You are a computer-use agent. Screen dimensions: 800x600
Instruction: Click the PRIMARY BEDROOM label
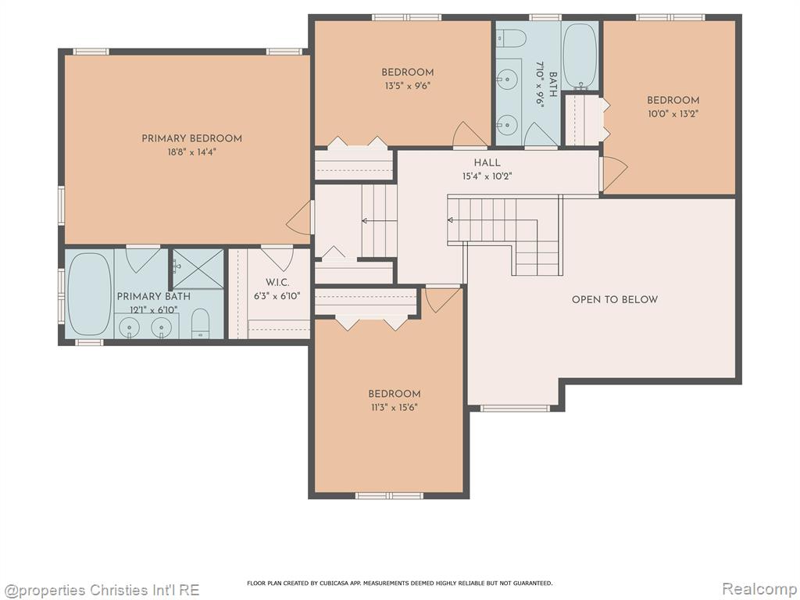pyautogui.click(x=191, y=138)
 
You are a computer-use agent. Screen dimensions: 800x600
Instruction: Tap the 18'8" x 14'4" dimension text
pyautogui.click(x=191, y=152)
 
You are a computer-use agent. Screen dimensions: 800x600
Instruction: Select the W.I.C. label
pyautogui.click(x=277, y=282)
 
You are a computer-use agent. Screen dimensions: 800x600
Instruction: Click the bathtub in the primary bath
pyautogui.click(x=90, y=294)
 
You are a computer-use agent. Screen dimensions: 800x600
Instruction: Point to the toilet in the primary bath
pyautogui.click(x=200, y=323)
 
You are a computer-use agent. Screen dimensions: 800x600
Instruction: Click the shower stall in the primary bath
pyautogui.click(x=198, y=269)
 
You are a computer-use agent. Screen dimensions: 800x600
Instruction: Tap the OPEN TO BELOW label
pyautogui.click(x=614, y=299)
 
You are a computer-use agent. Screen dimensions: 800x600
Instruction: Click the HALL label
pyautogui.click(x=487, y=162)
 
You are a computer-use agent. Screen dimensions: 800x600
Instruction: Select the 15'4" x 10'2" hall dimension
pyautogui.click(x=487, y=177)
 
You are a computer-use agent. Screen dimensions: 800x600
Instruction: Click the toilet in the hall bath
pyautogui.click(x=512, y=37)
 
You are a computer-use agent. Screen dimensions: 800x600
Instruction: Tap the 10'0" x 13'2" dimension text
pyautogui.click(x=673, y=114)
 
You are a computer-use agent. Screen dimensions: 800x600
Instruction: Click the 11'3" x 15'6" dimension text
pyautogui.click(x=395, y=407)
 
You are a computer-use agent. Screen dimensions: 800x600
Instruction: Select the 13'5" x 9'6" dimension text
pyautogui.click(x=408, y=86)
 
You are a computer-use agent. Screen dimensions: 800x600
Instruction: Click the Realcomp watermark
pyautogui.click(x=759, y=589)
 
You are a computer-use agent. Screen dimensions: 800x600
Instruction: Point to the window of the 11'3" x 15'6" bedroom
pyautogui.click(x=389, y=495)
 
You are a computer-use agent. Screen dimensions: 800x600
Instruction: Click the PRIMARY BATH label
pyautogui.click(x=154, y=296)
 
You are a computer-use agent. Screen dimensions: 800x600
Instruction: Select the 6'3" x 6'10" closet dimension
pyautogui.click(x=277, y=295)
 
